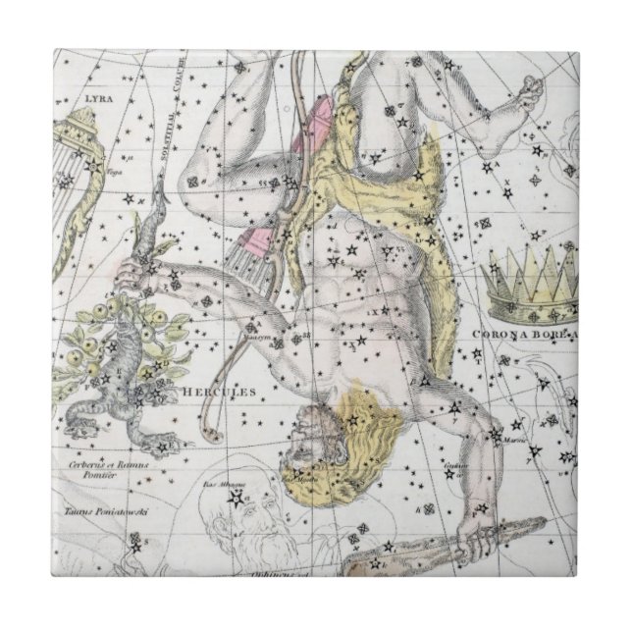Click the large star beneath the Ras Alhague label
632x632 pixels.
(x=235, y=501)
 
